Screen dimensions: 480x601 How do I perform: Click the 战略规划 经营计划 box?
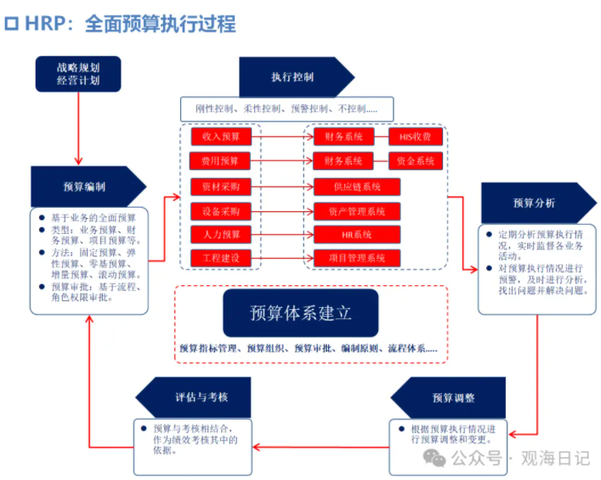(78, 73)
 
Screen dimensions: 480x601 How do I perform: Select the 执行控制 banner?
(293, 77)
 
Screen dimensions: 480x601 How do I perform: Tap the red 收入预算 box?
(220, 136)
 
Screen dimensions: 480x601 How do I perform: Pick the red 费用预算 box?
(220, 160)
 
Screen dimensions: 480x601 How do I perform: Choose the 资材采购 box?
(220, 185)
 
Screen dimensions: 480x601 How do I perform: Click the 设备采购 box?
(220, 209)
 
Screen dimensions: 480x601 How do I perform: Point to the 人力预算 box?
(220, 233)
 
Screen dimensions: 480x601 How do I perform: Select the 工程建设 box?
(220, 257)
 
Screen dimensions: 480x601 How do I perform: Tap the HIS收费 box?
(416, 136)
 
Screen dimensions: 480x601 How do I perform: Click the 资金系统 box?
(416, 160)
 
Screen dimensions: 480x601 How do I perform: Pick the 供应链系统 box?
(357, 186)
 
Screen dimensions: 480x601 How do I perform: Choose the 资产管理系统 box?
(357, 209)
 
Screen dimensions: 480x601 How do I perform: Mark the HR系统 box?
(357, 233)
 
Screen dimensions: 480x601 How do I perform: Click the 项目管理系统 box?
(357, 257)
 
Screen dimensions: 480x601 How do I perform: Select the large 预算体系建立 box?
(300, 312)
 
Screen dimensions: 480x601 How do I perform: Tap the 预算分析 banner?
(534, 203)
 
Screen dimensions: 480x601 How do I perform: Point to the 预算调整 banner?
(451, 397)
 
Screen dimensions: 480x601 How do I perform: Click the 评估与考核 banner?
(201, 397)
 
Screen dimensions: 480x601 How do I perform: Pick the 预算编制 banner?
(84, 186)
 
